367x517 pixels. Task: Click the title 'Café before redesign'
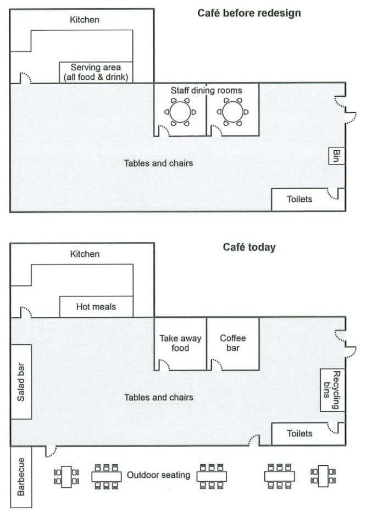tap(249, 13)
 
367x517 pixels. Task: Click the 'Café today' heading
tap(249, 248)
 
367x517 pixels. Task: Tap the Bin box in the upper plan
tap(336, 156)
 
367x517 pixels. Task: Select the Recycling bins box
tap(332, 390)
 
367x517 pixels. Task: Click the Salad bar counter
tap(21, 382)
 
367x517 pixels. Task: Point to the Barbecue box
tap(21, 477)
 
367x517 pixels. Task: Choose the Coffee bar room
tap(233, 344)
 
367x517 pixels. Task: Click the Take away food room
tap(180, 344)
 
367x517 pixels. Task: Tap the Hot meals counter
tap(96, 307)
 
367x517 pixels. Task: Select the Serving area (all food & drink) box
tap(96, 72)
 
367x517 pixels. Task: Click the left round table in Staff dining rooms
tap(180, 112)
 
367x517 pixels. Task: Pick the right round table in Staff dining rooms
tap(232, 112)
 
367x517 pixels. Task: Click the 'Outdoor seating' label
tap(158, 475)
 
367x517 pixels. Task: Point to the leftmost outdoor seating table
tap(66, 477)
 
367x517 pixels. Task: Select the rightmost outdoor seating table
tap(323, 477)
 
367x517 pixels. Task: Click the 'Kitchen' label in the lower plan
tap(85, 254)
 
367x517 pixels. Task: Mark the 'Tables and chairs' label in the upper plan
tap(158, 163)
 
